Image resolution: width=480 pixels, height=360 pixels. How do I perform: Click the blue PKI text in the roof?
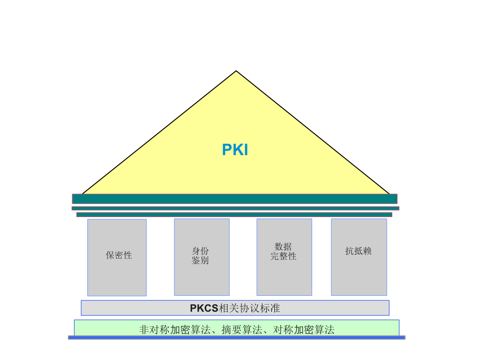click(x=235, y=150)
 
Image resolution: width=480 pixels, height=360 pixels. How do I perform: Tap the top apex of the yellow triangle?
click(x=236, y=71)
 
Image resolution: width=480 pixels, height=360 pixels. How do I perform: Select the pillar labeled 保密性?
click(x=117, y=257)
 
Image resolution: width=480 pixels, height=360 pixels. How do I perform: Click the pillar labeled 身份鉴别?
click(x=202, y=257)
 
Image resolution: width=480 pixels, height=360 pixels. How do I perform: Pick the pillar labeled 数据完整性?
click(x=285, y=257)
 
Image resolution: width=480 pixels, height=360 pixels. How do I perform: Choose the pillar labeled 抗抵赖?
click(x=359, y=257)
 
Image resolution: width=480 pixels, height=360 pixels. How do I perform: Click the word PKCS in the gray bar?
click(x=204, y=308)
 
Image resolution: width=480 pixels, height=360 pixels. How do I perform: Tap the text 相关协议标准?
click(x=249, y=308)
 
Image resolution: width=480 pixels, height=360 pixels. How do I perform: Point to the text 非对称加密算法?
click(x=175, y=330)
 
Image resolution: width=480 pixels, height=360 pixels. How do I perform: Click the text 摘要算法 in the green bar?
click(x=242, y=330)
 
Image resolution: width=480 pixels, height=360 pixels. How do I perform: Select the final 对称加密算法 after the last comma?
click(x=304, y=330)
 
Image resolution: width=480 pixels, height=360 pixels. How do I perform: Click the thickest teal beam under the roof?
click(x=235, y=199)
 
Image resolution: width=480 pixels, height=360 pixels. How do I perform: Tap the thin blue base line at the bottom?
click(x=237, y=337)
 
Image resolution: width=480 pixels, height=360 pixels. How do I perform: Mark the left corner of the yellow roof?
click(x=82, y=194)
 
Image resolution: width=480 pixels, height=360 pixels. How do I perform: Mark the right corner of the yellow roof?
click(x=390, y=194)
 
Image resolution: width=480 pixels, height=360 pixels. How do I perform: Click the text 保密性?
click(x=119, y=255)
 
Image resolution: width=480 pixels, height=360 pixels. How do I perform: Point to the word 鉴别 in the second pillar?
click(x=200, y=261)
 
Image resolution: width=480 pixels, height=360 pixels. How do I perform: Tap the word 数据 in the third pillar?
click(x=283, y=247)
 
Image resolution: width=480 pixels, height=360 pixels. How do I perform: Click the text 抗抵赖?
click(x=359, y=251)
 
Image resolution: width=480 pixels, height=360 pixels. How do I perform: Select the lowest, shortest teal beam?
click(x=234, y=215)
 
